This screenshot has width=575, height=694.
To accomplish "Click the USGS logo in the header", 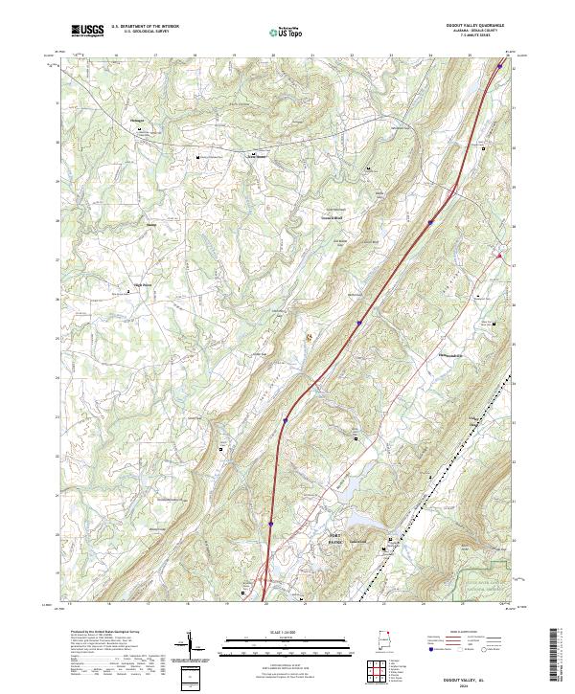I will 87,31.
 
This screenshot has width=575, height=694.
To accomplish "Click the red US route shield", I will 499,255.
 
